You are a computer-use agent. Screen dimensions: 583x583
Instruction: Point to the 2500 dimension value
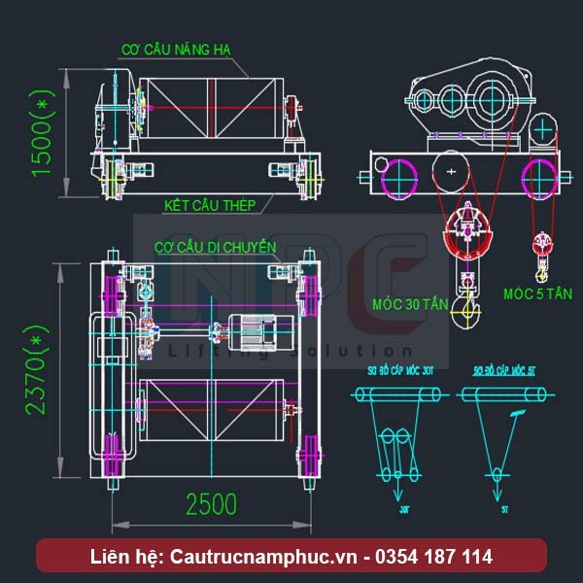tap(211, 505)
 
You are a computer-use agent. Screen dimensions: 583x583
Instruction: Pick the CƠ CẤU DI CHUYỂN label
tap(216, 248)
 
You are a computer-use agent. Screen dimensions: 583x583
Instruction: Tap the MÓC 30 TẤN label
tap(411, 304)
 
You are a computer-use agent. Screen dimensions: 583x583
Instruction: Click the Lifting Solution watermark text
tap(291, 351)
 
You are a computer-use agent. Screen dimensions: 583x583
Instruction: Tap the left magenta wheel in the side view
tap(398, 178)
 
